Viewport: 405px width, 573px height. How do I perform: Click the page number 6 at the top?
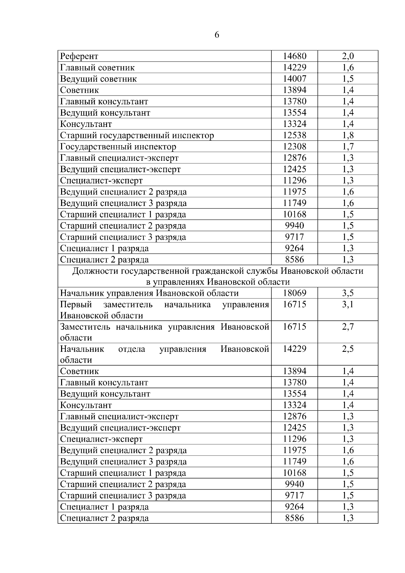[x=217, y=35]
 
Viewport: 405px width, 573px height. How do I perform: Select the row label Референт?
[x=79, y=56]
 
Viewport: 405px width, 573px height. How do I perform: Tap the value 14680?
[x=295, y=56]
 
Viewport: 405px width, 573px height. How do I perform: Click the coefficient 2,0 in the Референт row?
[x=348, y=56]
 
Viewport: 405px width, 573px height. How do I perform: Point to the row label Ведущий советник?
[x=99, y=79]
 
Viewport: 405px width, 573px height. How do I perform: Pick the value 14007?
[x=295, y=79]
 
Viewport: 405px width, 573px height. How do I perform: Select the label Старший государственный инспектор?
[x=137, y=135]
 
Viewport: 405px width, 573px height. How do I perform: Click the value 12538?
[x=295, y=135]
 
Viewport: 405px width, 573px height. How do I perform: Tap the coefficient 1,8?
[x=348, y=135]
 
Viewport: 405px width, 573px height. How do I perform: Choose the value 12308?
[x=295, y=147]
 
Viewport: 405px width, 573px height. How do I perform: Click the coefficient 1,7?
[x=348, y=147]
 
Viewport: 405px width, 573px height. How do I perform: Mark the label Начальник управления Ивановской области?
[x=149, y=293]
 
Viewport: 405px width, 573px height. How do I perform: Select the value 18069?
[x=295, y=293]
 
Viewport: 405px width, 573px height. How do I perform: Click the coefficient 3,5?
[x=348, y=293]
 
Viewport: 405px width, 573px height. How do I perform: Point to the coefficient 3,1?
[x=348, y=304]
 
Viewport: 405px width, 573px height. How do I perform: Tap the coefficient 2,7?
[x=348, y=327]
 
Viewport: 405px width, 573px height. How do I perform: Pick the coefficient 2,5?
[x=348, y=349]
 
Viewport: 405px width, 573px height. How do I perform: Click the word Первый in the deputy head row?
[x=76, y=305]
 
